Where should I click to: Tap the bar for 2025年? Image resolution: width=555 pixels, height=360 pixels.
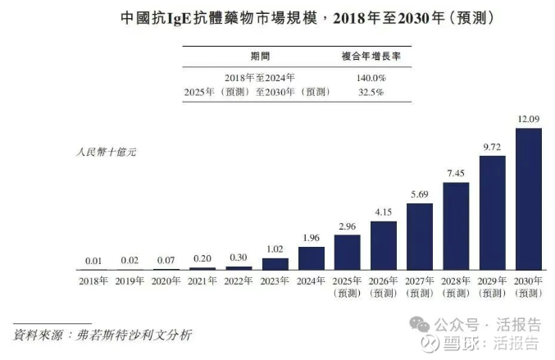click(347, 253)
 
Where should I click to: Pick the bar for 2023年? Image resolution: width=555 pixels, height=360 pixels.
click(275, 264)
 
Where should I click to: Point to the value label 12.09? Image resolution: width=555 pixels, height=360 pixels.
click(528, 120)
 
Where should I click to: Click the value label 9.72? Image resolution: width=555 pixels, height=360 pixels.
click(492, 147)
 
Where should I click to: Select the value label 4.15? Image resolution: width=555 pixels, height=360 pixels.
click(383, 212)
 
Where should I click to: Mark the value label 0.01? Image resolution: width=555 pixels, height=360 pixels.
click(93, 261)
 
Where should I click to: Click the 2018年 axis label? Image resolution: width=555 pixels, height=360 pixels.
click(93, 281)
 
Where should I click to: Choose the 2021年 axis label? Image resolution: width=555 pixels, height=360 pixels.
click(202, 281)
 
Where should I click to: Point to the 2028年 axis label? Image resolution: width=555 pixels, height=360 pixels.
click(456, 281)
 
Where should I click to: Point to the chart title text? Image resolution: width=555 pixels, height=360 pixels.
click(277, 17)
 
